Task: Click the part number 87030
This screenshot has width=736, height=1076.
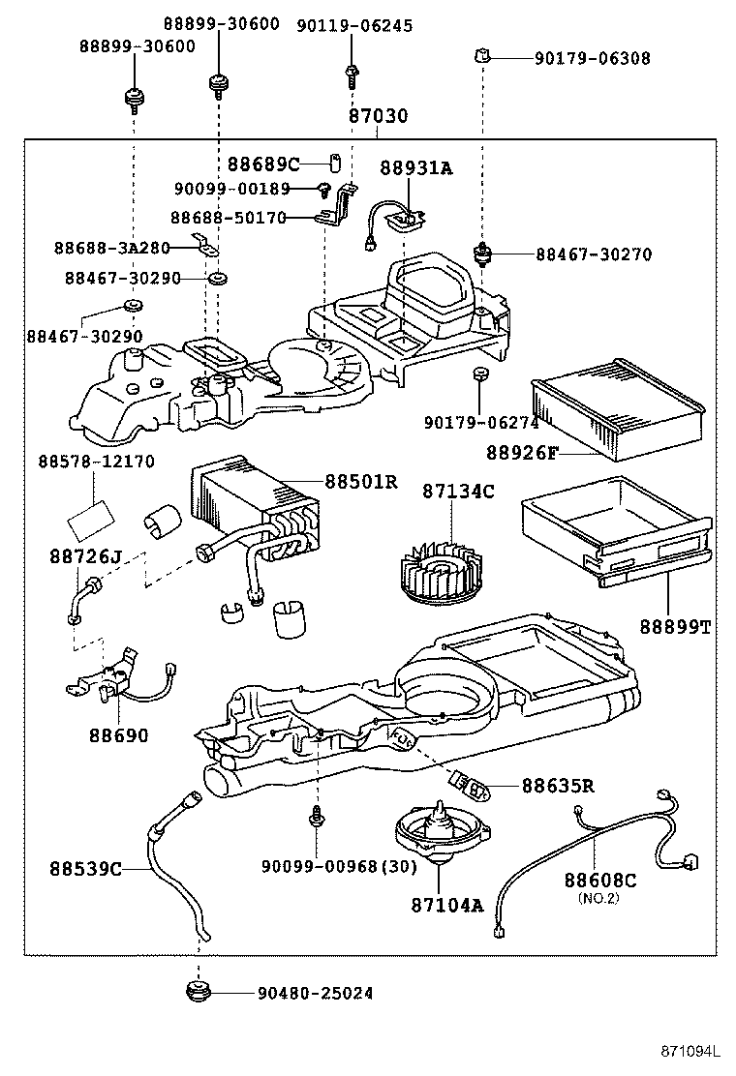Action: tap(378, 116)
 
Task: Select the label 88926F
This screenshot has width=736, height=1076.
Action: tap(524, 452)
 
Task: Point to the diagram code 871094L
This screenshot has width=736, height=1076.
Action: tap(691, 1050)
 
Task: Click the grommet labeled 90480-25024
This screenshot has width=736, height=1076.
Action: tap(199, 993)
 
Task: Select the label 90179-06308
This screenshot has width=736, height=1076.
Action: tap(592, 58)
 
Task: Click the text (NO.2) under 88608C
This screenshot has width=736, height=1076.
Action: tap(598, 898)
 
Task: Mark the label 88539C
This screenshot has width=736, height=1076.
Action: tap(85, 868)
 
